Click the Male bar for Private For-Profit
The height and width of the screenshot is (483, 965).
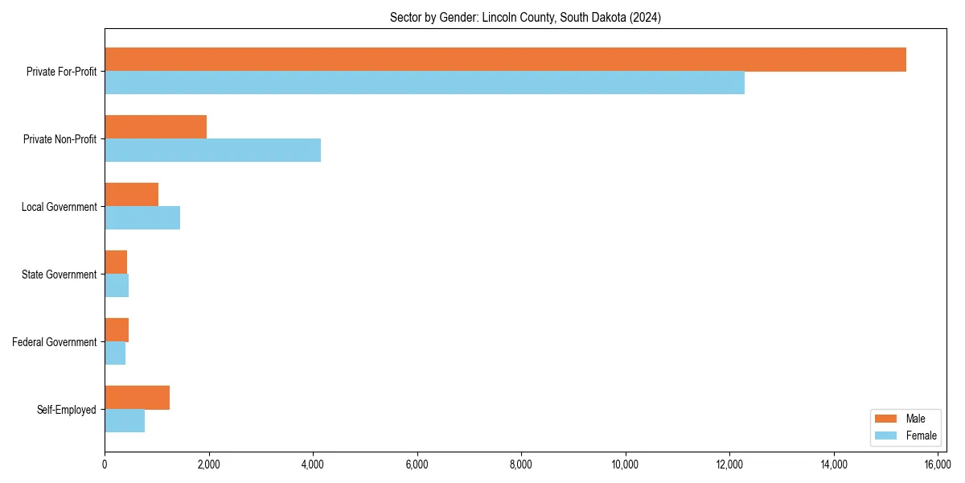click(x=505, y=60)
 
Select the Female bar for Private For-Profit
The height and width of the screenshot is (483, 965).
click(x=425, y=83)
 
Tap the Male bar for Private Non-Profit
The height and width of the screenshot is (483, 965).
click(x=155, y=127)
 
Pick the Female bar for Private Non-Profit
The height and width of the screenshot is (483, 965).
click(x=212, y=151)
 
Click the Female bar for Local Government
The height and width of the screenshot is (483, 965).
click(x=142, y=218)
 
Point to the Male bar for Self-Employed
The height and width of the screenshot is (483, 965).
click(x=137, y=398)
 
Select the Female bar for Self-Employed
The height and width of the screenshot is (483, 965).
click(x=125, y=421)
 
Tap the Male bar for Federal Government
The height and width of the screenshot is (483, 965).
click(x=117, y=330)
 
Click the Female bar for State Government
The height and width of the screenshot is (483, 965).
click(x=117, y=286)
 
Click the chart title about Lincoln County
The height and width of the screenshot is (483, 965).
click(x=525, y=18)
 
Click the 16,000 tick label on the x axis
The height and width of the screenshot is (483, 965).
click(x=938, y=464)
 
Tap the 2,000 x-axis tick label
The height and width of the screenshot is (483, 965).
click(x=208, y=464)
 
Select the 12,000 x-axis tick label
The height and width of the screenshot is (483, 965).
click(x=729, y=464)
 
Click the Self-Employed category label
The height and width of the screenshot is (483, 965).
click(x=67, y=410)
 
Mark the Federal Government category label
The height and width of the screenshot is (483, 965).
click(x=55, y=342)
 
